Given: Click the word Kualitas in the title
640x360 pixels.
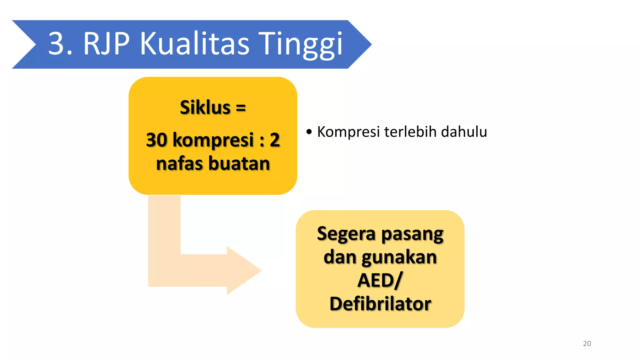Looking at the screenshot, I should click(x=194, y=44).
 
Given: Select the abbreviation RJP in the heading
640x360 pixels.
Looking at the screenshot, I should click(x=106, y=44).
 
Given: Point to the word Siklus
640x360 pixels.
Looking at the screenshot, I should click(x=205, y=107).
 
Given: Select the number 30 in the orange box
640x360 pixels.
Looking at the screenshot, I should click(x=157, y=140).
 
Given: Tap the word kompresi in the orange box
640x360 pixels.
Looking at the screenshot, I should click(x=213, y=140).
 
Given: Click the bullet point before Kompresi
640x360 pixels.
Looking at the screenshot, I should click(x=309, y=132).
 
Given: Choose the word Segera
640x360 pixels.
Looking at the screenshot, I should click(x=346, y=234).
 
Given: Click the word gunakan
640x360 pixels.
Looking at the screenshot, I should click(x=399, y=257).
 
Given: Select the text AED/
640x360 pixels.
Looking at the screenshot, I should click(x=380, y=280).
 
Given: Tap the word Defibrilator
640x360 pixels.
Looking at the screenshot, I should click(x=380, y=304).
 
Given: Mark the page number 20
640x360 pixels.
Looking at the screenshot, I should click(x=587, y=343).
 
